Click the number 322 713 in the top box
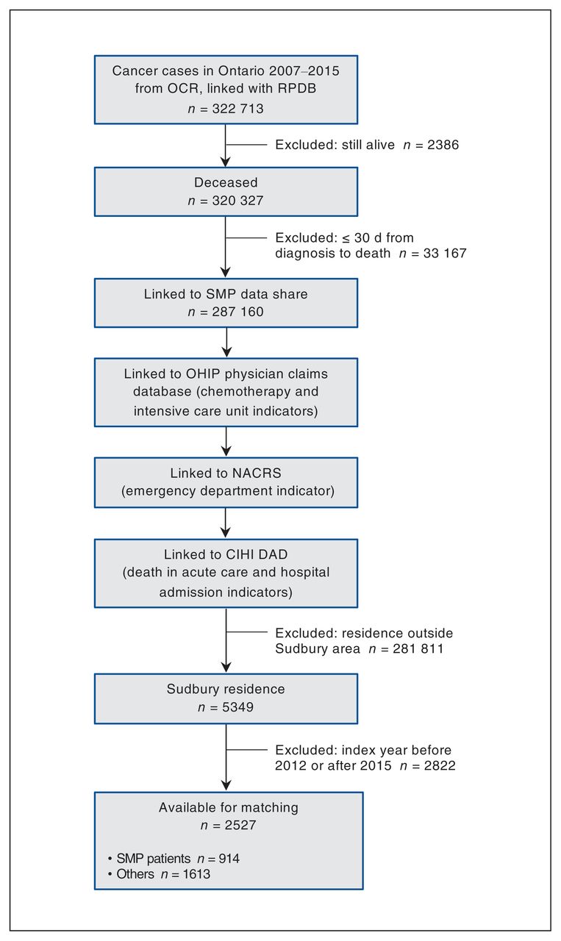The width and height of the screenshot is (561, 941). click(237, 109)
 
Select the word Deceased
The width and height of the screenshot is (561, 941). click(226, 182)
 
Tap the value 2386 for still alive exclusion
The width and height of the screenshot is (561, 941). click(443, 145)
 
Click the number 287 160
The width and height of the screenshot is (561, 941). click(237, 312)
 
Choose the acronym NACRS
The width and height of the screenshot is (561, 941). click(257, 473)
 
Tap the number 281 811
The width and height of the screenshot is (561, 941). click(418, 648)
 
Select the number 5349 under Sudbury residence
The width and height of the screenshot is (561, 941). click(237, 707)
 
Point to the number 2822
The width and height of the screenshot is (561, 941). click(440, 765)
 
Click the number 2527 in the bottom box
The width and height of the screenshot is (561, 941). click(240, 825)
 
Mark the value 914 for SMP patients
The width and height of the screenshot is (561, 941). click(229, 858)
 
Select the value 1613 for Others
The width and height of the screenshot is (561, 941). click(196, 874)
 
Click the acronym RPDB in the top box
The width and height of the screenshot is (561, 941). click(297, 88)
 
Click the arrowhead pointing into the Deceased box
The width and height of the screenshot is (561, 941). click(226, 162)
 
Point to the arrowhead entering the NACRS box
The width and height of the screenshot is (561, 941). click(226, 451)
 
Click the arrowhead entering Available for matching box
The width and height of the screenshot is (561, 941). click(226, 785)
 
